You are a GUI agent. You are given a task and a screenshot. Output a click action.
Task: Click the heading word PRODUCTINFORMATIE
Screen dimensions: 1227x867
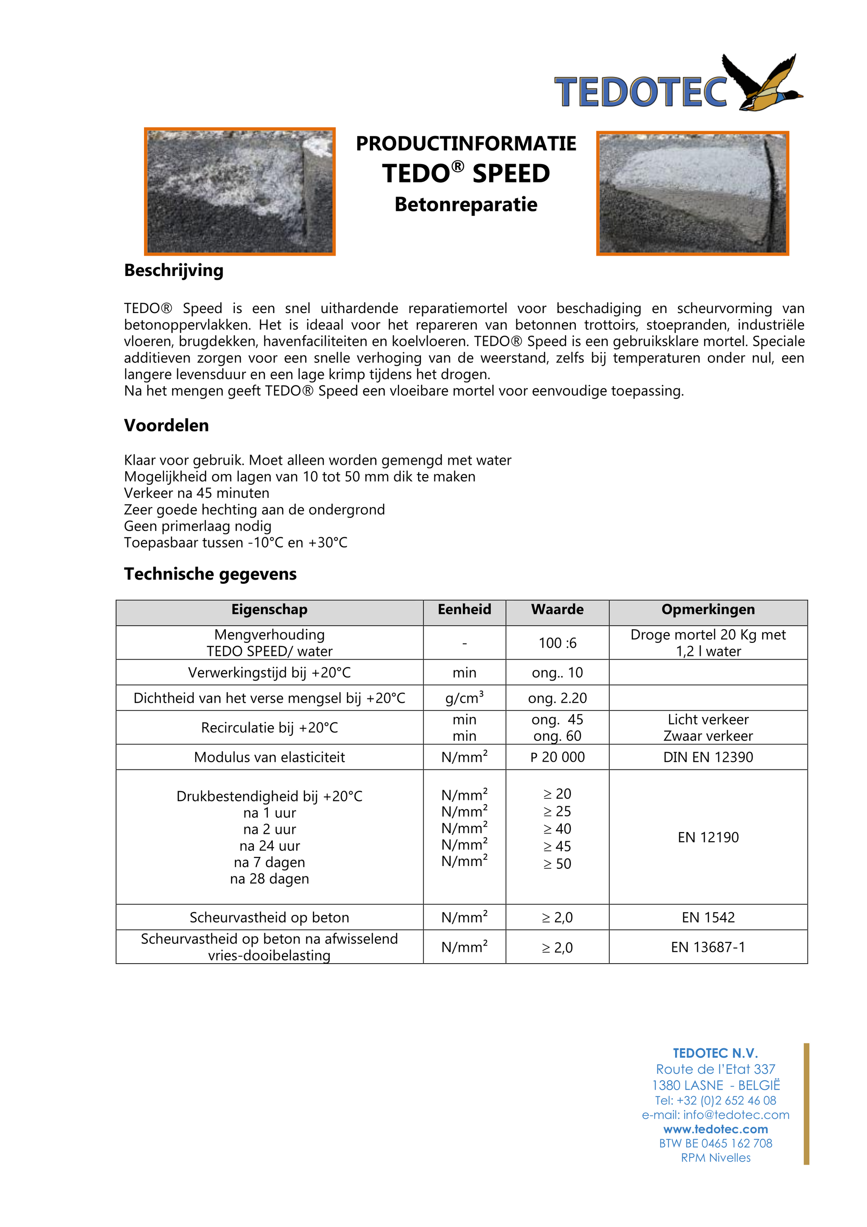(x=466, y=144)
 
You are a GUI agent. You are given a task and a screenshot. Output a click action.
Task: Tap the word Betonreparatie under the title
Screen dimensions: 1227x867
(x=466, y=205)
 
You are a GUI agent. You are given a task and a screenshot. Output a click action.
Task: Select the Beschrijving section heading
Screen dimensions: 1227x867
(x=173, y=271)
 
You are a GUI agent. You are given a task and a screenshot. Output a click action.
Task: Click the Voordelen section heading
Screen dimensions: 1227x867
(x=166, y=426)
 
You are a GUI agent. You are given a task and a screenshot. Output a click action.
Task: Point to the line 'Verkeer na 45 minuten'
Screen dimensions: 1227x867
(x=196, y=493)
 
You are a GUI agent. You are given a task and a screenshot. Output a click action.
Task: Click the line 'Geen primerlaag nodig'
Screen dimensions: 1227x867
(x=197, y=526)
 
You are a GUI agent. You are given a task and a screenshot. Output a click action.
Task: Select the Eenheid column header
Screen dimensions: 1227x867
(x=464, y=610)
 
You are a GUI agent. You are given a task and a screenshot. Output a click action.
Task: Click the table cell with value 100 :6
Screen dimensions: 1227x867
(x=557, y=643)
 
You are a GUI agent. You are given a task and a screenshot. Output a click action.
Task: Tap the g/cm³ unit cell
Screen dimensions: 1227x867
(x=464, y=698)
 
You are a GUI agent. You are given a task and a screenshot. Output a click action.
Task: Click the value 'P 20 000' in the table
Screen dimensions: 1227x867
(x=557, y=757)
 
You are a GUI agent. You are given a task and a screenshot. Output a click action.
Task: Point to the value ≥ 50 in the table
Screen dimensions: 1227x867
(x=557, y=864)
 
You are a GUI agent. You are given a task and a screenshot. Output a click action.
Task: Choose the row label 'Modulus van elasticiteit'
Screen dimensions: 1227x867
(x=269, y=757)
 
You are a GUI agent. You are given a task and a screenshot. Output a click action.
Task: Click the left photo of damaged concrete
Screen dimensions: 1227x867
(x=239, y=191)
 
